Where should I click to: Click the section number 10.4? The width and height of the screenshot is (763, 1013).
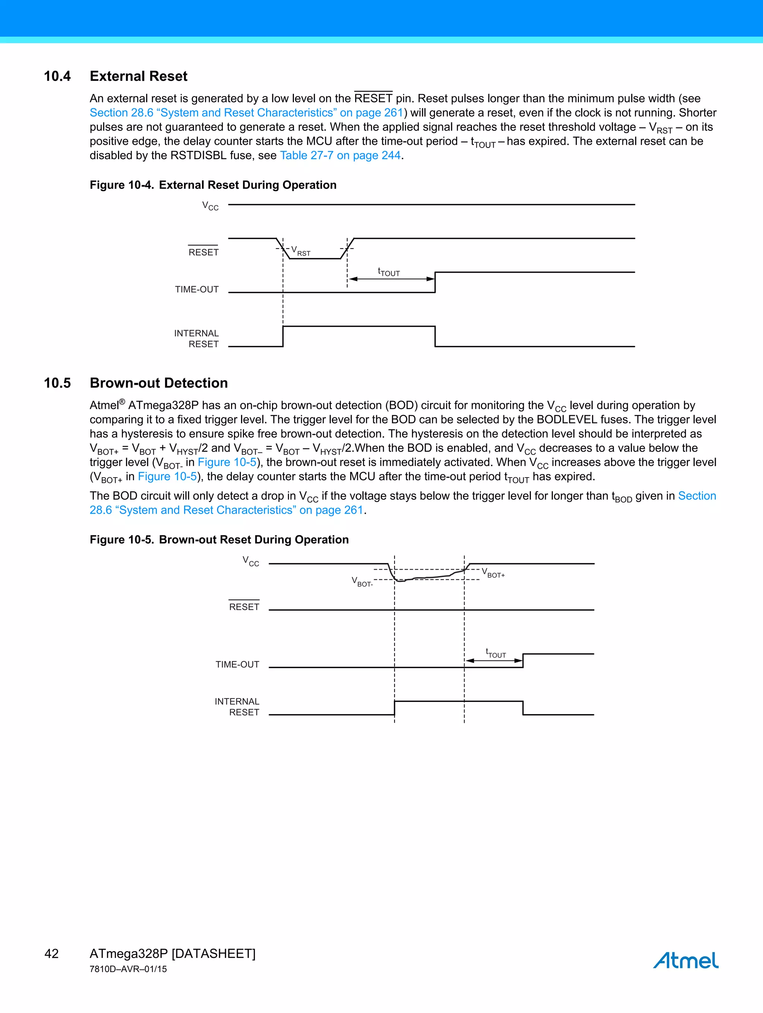[x=57, y=76]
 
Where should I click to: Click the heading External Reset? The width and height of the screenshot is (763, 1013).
[x=138, y=76]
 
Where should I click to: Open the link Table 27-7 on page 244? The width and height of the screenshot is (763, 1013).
[x=340, y=156]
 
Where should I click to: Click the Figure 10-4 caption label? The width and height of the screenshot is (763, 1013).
[x=122, y=185]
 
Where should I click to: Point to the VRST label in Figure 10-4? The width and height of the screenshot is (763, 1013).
[x=301, y=251]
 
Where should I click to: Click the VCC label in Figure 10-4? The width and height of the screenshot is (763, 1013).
[x=210, y=206]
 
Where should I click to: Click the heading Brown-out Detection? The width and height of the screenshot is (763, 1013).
[x=158, y=383]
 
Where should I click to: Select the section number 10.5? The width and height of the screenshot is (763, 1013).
[x=57, y=383]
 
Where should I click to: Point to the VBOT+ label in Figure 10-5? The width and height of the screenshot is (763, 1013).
[x=493, y=573]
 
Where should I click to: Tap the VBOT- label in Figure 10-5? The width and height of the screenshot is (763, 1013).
[x=362, y=582]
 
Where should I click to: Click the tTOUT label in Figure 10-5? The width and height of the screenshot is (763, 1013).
[x=496, y=653]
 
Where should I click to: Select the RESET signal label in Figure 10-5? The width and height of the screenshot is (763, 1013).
[x=244, y=607]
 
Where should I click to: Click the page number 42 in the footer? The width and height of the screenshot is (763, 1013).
[x=52, y=954]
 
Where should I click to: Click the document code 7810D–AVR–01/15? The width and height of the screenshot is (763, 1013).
[x=128, y=969]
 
